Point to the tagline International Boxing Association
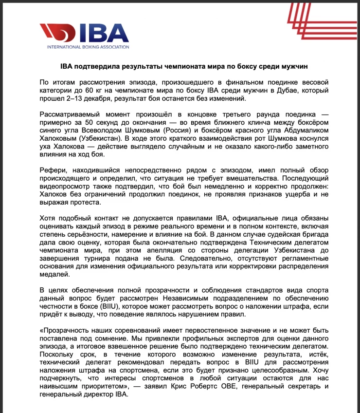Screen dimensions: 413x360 [x=88, y=47]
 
